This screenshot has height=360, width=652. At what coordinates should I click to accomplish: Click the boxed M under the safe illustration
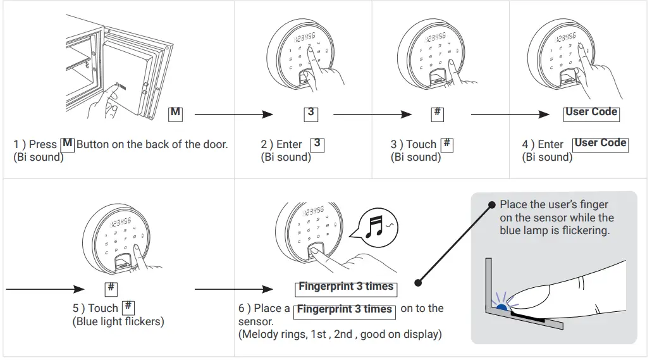pos(175,113)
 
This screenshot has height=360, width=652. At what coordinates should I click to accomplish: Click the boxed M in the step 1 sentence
pos(68,144)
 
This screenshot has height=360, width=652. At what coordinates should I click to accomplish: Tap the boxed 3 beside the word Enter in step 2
pos(317,144)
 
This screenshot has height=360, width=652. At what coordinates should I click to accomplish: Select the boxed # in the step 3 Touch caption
pos(446,144)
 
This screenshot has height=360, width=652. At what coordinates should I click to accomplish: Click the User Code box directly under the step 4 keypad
pos(591,113)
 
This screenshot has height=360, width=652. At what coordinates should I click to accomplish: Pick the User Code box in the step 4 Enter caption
pos(600,144)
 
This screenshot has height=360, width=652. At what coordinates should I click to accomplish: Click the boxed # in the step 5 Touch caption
pos(128,307)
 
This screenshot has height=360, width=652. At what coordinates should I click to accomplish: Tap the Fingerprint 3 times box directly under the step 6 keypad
pos(346,287)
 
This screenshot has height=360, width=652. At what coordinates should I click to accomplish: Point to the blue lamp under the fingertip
pos(502,306)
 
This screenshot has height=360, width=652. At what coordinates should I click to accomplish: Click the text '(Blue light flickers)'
pos(118,321)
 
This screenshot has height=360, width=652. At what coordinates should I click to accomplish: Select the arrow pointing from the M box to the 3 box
pos(233,115)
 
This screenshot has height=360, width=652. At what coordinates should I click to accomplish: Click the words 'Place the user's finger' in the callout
pos(553,204)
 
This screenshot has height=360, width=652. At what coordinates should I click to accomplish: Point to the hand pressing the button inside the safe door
pos(104,101)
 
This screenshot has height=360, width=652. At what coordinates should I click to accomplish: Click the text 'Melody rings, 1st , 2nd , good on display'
pos(340,334)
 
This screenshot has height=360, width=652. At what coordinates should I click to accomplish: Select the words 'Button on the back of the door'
pos(152,144)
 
